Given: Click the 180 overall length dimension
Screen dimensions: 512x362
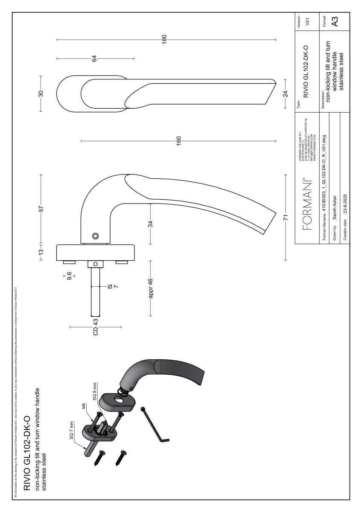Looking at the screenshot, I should (x=165, y=40).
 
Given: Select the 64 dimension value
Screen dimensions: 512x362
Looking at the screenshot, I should (x=94, y=58).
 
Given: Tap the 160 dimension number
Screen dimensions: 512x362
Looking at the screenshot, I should (x=178, y=140).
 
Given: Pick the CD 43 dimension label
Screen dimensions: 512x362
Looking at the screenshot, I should (x=95, y=327).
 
